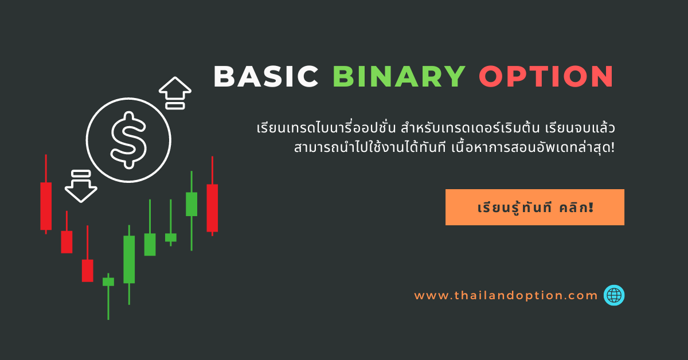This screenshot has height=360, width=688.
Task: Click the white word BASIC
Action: point(266,76)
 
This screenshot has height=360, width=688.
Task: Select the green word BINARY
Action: point(399,76)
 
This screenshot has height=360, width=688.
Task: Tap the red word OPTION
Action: point(546,76)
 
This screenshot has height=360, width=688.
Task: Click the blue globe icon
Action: point(614,295)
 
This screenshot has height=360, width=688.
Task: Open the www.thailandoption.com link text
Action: point(506,295)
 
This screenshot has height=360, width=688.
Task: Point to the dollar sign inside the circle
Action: point(128,140)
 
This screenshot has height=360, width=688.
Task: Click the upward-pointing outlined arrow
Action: point(175,93)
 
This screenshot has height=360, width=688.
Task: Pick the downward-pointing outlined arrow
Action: point(81,186)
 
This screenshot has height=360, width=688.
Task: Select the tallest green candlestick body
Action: point(129,259)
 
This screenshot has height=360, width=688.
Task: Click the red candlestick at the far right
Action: point(212,208)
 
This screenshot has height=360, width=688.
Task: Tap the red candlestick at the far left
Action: point(46,206)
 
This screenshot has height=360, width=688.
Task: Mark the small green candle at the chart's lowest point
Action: point(108,281)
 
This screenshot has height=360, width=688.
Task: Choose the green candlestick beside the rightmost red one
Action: point(191,204)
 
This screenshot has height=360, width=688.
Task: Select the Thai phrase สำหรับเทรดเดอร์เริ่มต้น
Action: point(470,128)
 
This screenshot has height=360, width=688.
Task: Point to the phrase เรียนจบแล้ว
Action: point(580,128)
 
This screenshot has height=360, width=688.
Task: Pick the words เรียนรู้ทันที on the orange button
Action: point(515,208)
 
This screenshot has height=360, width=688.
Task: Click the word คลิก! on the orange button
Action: point(576,207)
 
